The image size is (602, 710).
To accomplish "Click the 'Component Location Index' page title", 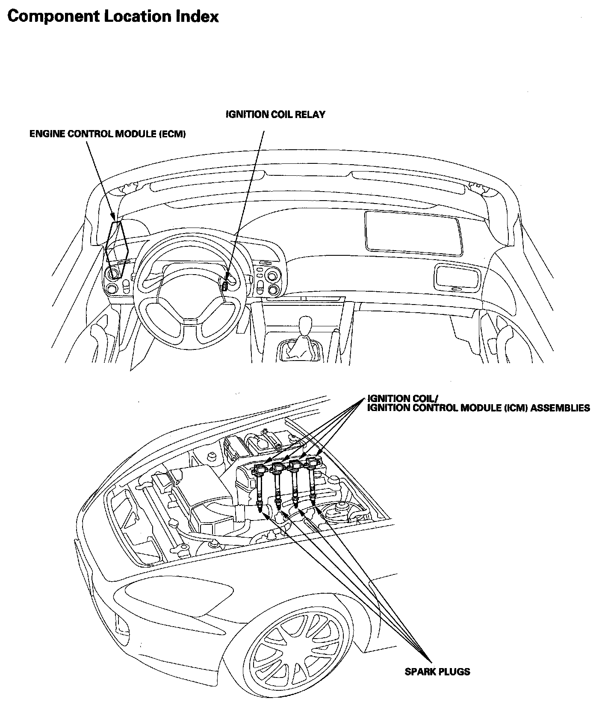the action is click(x=113, y=17).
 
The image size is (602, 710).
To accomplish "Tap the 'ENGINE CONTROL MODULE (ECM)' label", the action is click(x=108, y=134).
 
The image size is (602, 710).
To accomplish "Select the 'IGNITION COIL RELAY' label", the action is click(x=276, y=114).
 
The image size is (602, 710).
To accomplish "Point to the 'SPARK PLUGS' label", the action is click(x=437, y=672).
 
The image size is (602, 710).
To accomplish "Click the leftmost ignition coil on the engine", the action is click(x=260, y=483).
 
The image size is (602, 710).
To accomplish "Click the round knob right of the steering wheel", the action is click(x=273, y=290).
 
